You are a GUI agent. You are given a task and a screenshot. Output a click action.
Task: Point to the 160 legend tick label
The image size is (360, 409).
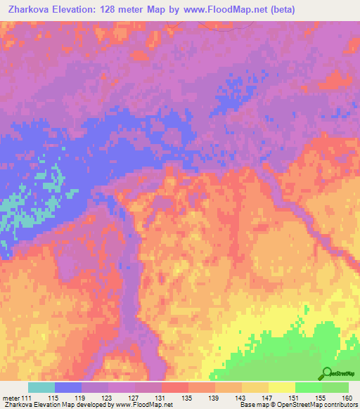coord(347,398)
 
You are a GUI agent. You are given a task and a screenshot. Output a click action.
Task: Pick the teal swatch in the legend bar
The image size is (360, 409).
coord(41,387)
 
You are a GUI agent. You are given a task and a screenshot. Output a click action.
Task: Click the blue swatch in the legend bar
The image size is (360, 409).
coord(68,387)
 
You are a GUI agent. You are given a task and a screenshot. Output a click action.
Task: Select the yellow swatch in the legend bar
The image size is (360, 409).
coord(282,387)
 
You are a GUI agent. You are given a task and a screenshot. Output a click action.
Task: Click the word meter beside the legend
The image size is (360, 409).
coord(13,398)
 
